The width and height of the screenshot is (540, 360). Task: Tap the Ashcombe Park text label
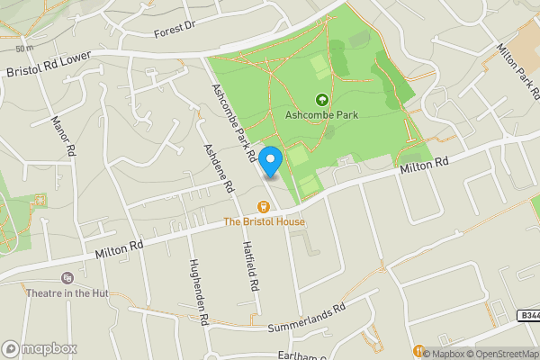pos(321,114)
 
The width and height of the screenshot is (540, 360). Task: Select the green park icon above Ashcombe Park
pos(321,99)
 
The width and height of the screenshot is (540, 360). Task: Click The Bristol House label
pos(264,221)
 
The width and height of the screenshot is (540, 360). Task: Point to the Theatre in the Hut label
pos(64,292)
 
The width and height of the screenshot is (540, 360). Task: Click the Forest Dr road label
pos(175,30)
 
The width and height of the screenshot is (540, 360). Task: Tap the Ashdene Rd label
pos(218,169)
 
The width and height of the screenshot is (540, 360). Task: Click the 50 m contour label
pos(23,48)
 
